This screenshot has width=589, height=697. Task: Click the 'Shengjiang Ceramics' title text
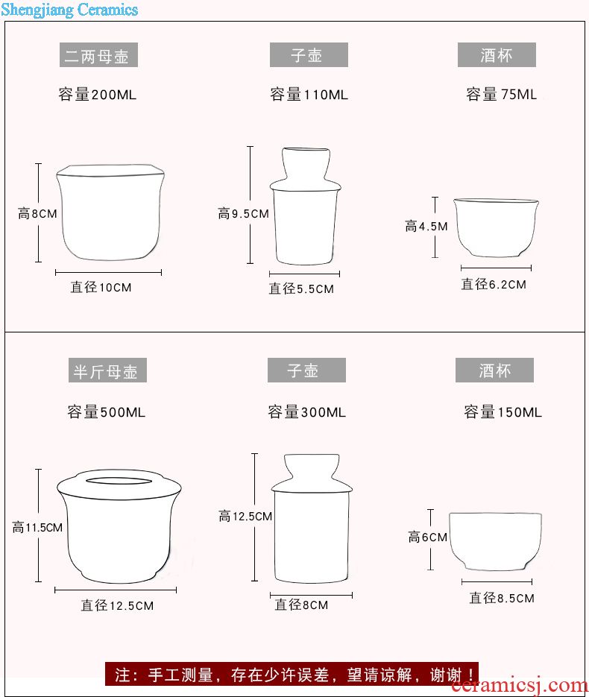click(69, 10)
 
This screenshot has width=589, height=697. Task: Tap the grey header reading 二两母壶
click(98, 55)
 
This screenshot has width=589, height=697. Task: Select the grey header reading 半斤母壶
click(107, 370)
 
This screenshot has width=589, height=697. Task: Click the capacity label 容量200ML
click(98, 95)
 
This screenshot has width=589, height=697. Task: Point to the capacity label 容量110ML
click(309, 95)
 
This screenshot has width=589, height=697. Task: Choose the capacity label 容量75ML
click(502, 94)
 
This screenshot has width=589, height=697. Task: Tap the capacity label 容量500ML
click(106, 412)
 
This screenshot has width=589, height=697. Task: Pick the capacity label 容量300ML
click(306, 412)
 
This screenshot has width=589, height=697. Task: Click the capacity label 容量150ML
click(503, 412)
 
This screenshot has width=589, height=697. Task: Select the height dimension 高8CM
click(37, 214)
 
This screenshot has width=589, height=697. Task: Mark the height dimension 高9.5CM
click(244, 214)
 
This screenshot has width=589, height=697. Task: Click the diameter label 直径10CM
click(101, 288)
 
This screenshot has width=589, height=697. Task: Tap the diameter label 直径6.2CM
click(494, 285)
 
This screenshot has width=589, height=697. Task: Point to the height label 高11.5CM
click(37, 528)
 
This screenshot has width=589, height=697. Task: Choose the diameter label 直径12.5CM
click(117, 605)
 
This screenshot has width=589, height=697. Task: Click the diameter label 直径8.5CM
click(502, 599)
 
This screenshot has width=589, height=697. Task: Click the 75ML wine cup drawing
click(496, 227)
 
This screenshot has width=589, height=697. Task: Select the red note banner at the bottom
click(292, 675)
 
